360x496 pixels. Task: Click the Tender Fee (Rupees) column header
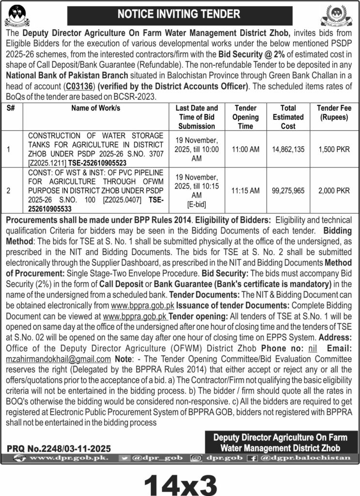click(x=334, y=113)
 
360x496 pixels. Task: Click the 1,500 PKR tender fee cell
click(x=334, y=150)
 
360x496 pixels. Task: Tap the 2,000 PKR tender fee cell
click(x=334, y=191)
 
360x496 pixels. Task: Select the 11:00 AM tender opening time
click(x=246, y=150)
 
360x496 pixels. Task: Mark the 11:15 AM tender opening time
click(x=246, y=191)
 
